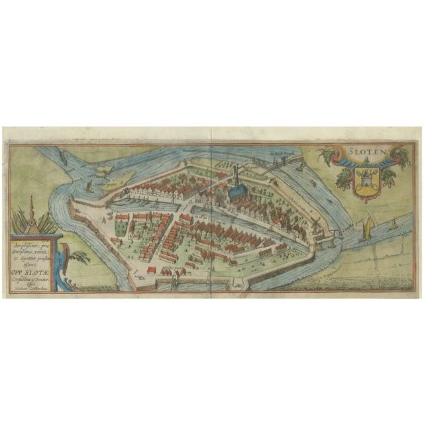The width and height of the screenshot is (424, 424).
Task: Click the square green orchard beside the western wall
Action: point(121,225)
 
